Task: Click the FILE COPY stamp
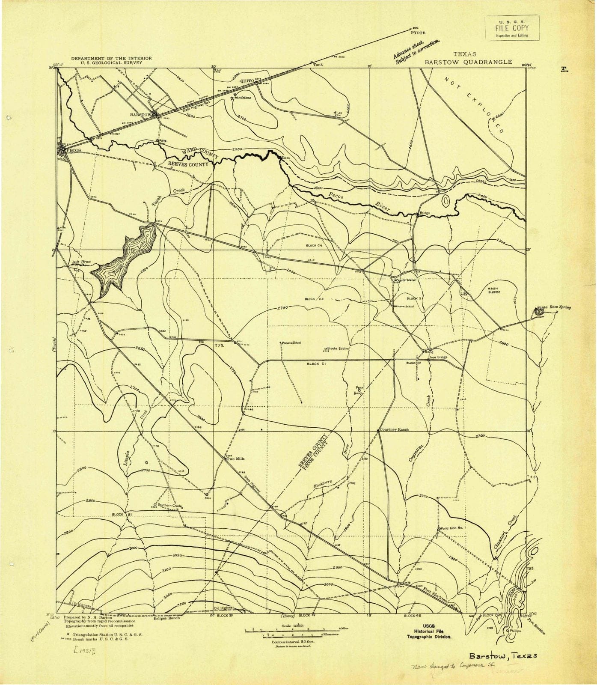pyautogui.click(x=512, y=28)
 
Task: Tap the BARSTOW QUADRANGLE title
pyautogui.click(x=468, y=62)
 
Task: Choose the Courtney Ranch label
pyautogui.click(x=395, y=429)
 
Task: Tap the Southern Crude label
pyautogui.click(x=170, y=506)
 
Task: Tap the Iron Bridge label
pyautogui.click(x=439, y=357)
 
